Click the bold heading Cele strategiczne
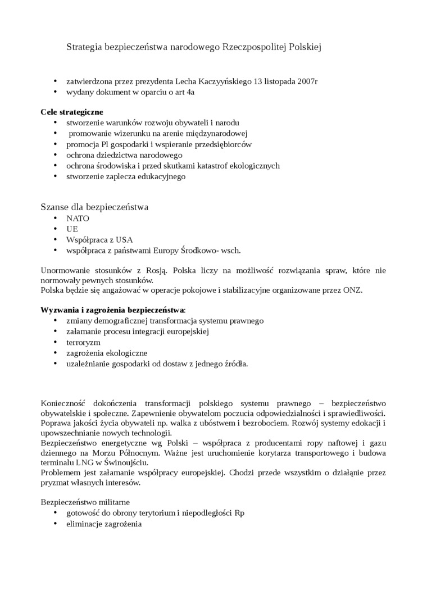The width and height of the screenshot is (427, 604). coord(72,112)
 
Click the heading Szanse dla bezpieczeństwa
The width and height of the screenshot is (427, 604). coord(94,207)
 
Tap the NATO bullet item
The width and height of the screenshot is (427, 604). coord(78,218)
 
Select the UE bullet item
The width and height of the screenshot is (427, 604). coord(72,229)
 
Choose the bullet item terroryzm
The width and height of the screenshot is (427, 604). coord(83,342)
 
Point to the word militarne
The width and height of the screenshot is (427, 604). coord(112,502)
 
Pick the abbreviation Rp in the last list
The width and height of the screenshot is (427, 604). coord(239,513)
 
